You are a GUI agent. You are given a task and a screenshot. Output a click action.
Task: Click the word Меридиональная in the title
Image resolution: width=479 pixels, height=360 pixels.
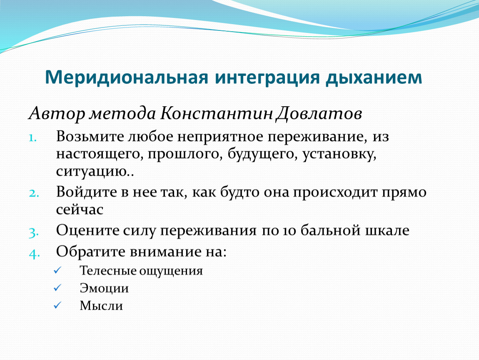pos(127,77)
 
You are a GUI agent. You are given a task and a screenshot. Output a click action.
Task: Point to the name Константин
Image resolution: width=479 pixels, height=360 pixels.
pos(216,113)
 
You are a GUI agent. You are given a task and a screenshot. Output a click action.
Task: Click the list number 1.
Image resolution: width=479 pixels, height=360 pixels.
pos(32,138)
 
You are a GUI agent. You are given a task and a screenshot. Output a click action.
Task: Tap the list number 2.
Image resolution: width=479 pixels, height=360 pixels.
pos(34,193)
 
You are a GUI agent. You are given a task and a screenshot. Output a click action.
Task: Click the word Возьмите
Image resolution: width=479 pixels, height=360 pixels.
pos(90,137)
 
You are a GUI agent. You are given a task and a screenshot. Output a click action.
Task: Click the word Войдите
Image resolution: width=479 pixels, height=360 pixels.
pos(86,192)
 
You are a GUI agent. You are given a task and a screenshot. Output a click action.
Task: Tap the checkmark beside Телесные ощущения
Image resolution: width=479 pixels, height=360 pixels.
pos(57,270)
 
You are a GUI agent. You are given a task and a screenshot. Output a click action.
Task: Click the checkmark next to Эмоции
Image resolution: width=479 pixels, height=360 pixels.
pos(57,287)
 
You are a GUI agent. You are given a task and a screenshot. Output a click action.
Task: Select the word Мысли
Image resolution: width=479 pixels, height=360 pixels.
pos(101,305)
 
